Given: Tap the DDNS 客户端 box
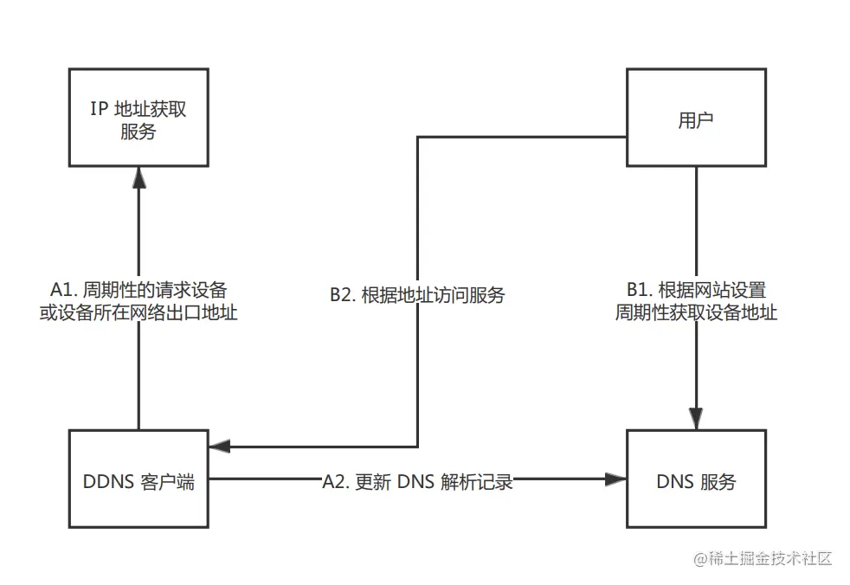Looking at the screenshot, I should coord(138,481).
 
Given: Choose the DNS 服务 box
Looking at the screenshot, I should coord(696,481).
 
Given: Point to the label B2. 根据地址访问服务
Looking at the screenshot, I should coord(417,295).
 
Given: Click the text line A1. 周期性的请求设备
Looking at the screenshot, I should coord(138,289).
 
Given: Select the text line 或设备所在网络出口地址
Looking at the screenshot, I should coord(138,312).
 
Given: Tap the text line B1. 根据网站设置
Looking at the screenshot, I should coord(696,289).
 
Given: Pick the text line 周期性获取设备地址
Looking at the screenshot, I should coord(696,312).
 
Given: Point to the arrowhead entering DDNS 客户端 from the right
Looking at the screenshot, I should coord(219,447).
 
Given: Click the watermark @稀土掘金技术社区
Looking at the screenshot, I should coord(762,558).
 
